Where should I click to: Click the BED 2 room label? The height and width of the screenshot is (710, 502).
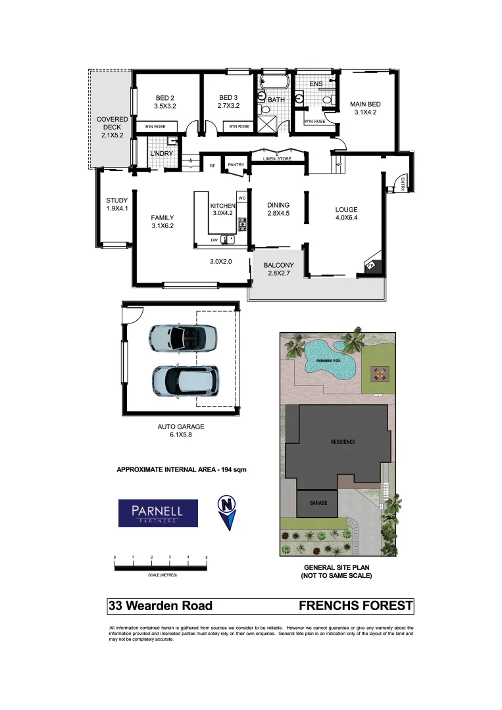[165, 97]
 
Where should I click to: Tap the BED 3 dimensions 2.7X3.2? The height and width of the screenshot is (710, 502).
[228, 105]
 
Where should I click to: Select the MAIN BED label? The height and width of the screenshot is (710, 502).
[364, 104]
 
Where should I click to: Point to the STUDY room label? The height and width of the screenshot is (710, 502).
[116, 201]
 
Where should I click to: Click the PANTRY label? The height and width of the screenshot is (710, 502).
[236, 165]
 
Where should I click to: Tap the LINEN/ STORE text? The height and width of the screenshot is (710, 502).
[276, 158]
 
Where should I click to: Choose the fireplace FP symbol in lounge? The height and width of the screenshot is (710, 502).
[370, 266]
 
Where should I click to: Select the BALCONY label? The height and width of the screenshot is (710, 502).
[277, 266]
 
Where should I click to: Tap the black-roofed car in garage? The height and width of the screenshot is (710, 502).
[185, 379]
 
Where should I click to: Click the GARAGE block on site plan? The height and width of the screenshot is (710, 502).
[318, 503]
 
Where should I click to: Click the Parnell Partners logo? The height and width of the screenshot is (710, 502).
[158, 513]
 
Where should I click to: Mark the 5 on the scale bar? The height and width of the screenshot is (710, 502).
[207, 557]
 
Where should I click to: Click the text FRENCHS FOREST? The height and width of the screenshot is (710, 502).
[355, 605]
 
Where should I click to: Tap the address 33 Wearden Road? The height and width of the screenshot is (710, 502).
[160, 605]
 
